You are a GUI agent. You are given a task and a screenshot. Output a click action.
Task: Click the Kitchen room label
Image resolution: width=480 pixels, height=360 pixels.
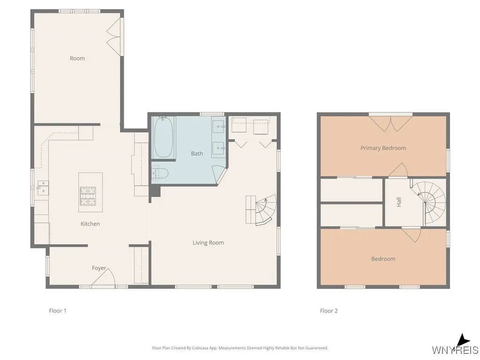pos(90,224)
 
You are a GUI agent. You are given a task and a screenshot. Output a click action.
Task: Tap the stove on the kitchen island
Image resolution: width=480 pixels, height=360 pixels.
pos(88,196)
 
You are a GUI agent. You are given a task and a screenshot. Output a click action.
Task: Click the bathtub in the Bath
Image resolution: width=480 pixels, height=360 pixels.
pos(163,137)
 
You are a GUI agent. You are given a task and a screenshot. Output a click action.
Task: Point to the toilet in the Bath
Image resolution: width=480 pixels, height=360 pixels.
pos(160,173)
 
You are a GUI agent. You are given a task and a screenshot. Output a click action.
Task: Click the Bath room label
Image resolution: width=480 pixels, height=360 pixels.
pos(197,154)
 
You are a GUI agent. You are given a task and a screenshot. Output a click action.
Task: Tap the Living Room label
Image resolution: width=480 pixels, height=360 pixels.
pos(208,243)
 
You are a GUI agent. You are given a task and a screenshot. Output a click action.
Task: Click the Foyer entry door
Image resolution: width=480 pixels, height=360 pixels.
pos(104,278)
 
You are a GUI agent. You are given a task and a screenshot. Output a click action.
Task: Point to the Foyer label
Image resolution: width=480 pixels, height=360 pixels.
pos(99,268)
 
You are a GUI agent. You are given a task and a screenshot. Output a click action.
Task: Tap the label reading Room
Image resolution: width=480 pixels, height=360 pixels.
pos(77,59)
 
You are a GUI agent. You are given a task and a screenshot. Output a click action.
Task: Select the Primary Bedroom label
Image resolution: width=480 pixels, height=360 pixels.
pos(383,148)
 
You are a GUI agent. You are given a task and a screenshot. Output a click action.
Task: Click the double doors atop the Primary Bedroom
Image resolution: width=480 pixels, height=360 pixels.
pos(390,123)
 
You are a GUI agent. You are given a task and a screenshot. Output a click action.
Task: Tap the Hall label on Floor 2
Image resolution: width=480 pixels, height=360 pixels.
pos(399,202)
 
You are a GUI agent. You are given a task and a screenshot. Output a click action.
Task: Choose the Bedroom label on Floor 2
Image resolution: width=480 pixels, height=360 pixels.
pos(383,259)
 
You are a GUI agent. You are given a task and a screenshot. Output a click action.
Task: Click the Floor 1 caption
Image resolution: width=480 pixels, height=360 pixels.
pos(58,311)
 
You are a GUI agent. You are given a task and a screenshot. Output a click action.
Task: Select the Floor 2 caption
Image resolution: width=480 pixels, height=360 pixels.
pos(329,311)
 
